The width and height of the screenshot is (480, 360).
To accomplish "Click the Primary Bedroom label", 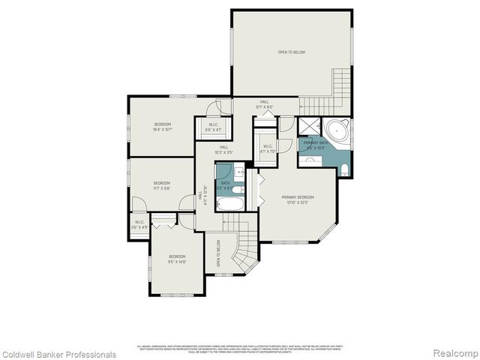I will [x=298, y=199].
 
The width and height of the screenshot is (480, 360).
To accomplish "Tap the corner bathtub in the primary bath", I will [x=338, y=132].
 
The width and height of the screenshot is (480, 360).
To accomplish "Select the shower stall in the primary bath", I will [x=308, y=126].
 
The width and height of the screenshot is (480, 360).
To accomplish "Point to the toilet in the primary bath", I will [x=344, y=172].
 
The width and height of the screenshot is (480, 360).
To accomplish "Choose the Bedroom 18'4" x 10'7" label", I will [x=163, y=127].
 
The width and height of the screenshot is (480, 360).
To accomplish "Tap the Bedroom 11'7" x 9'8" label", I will [x=162, y=185].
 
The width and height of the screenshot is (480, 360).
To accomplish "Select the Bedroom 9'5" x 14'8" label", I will [x=176, y=258].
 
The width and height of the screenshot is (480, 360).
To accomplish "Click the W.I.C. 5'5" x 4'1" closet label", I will [x=213, y=127].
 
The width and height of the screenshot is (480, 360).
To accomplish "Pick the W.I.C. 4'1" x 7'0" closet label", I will [x=268, y=148].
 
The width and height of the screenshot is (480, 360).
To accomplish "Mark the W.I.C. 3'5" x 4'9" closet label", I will [x=139, y=224].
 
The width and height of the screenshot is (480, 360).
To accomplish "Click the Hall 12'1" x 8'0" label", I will [x=264, y=104].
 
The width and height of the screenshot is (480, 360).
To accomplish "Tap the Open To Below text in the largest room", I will [x=291, y=52].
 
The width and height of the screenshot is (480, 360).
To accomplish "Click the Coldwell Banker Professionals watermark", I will [x=58, y=354].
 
